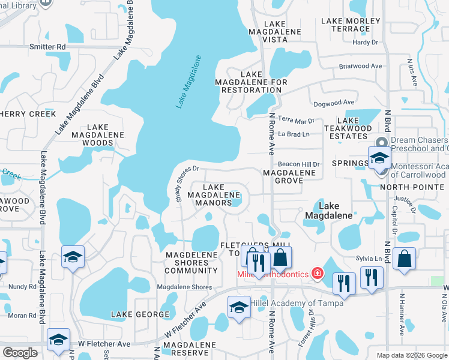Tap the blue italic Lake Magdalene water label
tap(188, 82)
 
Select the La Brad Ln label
tap(294, 134)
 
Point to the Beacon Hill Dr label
tap(299, 164)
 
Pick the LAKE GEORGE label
tap(140, 314)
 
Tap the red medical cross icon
tap(318, 274)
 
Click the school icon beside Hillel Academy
tap(239, 307)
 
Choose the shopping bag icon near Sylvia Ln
tap(405, 259)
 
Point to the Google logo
tap(20, 353)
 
